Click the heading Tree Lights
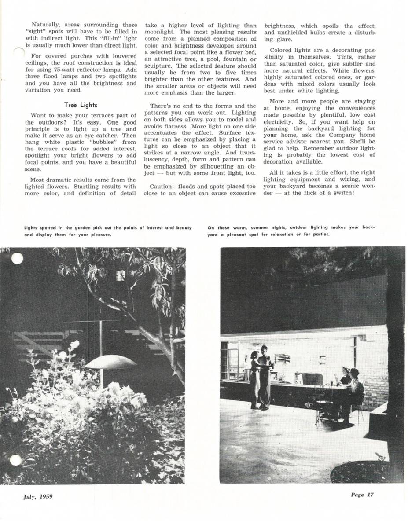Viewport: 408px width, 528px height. (x=81, y=105)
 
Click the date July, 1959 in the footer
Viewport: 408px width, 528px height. (x=38, y=497)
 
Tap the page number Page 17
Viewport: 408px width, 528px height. (x=362, y=495)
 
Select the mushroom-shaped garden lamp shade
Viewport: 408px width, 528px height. (x=111, y=362)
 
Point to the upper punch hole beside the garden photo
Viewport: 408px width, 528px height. (x=17, y=258)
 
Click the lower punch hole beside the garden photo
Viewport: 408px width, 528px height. (x=15, y=460)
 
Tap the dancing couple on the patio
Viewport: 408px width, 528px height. (x=261, y=376)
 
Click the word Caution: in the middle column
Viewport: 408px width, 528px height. (x=161, y=187)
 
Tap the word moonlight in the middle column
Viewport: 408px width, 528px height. (x=159, y=32)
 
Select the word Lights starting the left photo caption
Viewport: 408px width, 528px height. (x=30, y=227)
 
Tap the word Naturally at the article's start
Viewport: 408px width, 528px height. (x=46, y=25)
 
